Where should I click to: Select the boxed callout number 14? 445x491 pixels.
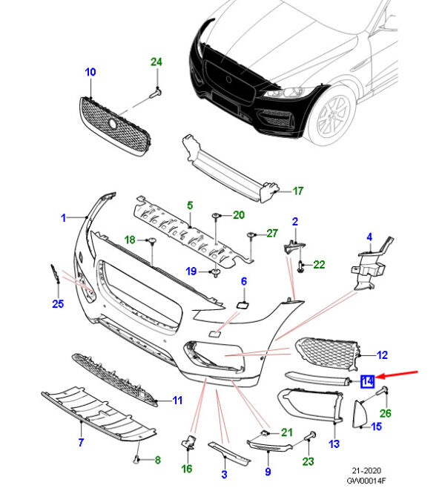367,382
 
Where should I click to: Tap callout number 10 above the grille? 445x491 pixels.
90,72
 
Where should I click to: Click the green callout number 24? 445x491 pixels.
156,62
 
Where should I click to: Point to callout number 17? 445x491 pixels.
297,191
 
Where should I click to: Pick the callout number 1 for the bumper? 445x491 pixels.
64,218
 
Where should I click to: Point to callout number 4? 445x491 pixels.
369,237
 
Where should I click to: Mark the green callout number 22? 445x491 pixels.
319,264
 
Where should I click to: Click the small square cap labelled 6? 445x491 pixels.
243,303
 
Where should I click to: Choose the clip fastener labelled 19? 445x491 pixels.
216,274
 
